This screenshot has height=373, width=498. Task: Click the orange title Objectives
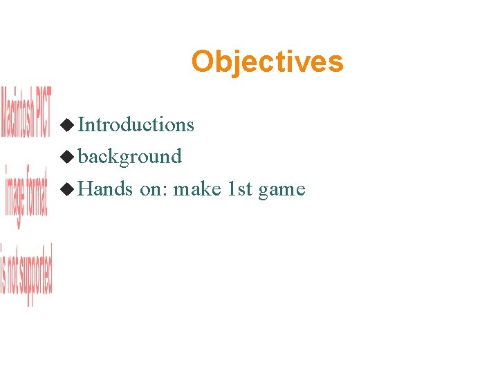pos(267,61)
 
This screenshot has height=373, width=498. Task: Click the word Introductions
pos(136,124)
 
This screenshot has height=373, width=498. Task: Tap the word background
pos(129,157)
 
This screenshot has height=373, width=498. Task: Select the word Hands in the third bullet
pos(105,189)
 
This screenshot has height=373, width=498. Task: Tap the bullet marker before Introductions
pos(67,125)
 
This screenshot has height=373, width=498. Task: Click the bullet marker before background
pos(67,157)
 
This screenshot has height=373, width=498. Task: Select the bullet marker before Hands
pos(67,189)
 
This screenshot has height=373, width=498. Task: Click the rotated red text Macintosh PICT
pos(26,112)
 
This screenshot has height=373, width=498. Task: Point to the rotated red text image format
pos(26,196)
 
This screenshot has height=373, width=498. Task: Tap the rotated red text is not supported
pos(26,274)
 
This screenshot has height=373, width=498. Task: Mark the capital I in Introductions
pos(82,124)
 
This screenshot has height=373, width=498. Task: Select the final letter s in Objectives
pos(336,63)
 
